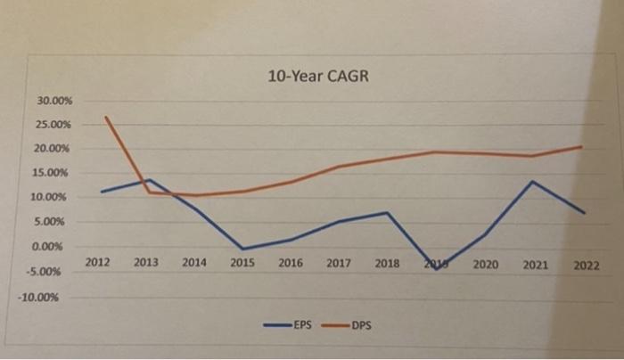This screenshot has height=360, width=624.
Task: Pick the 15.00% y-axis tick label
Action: click(55, 173)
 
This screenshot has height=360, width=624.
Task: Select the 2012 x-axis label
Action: click(99, 264)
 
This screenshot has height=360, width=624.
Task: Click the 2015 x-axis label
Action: click(242, 264)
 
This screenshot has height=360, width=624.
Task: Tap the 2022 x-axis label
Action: click(586, 265)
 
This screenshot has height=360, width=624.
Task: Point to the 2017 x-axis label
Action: click(338, 264)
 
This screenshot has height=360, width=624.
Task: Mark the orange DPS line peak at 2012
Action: click(105, 117)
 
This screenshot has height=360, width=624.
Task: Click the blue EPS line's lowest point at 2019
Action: click(437, 268)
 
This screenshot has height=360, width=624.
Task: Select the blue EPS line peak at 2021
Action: click(532, 182)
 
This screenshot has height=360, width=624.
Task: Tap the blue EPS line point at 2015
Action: click(242, 249)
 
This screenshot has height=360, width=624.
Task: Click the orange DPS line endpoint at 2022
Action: click(582, 146)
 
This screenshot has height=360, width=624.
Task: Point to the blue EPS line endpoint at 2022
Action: click(583, 213)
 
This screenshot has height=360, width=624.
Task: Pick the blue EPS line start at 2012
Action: click(103, 192)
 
